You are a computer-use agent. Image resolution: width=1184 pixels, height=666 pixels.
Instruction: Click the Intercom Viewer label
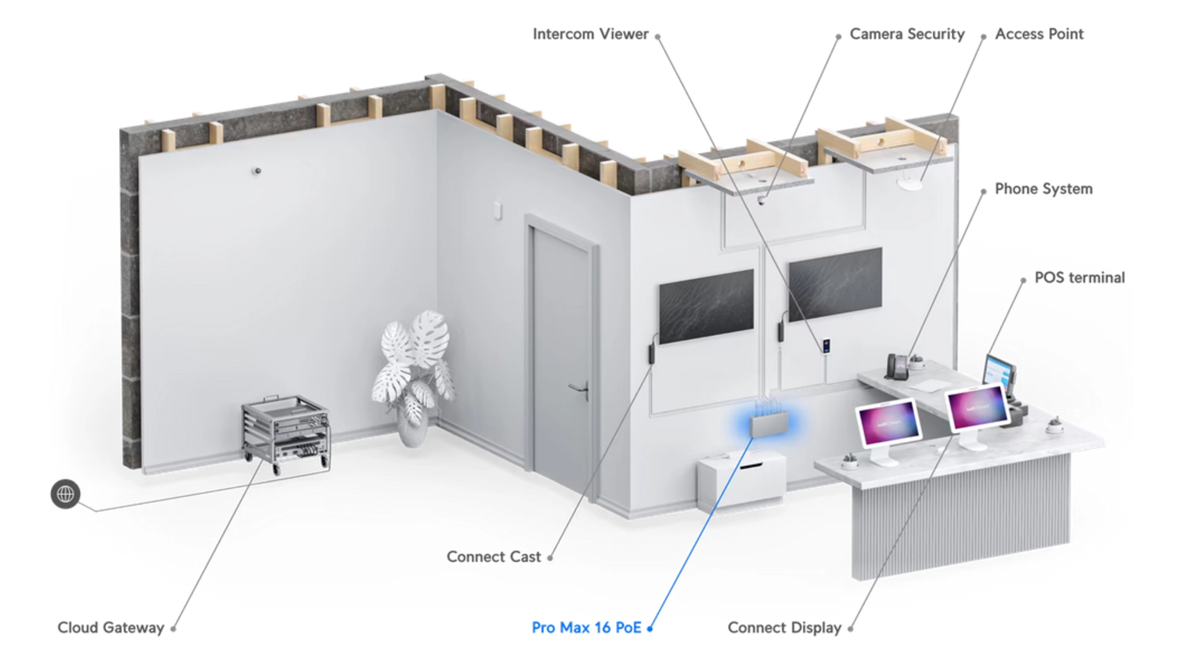pos(590,34)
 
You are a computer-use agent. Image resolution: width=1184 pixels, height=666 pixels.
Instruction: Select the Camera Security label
pos(906,34)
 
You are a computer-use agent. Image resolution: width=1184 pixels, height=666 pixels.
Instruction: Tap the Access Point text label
pos(1039,34)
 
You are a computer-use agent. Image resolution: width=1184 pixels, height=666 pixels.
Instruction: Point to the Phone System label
pos(1043,189)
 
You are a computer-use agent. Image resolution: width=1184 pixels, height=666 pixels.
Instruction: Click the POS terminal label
pos(1079,277)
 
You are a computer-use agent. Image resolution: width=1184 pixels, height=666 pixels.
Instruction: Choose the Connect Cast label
pos(493,557)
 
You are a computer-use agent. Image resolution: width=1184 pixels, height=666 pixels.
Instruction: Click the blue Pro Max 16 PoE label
pos(586,628)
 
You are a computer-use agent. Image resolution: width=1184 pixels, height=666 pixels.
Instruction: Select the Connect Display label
pos(784,628)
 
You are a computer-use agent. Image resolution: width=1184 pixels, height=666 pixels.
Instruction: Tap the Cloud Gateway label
pos(111,628)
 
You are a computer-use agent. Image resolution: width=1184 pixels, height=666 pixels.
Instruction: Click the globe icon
pos(65,494)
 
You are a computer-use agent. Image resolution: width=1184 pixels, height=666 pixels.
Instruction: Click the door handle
pos(580,389)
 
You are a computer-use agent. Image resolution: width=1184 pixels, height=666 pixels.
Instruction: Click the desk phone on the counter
pos(897,366)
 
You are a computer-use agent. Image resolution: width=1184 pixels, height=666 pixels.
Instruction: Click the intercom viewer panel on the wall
pos(826,346)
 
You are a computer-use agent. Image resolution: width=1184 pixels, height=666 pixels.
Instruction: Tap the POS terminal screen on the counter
pos(998,372)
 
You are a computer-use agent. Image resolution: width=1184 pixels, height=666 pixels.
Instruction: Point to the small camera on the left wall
pos(257,171)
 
